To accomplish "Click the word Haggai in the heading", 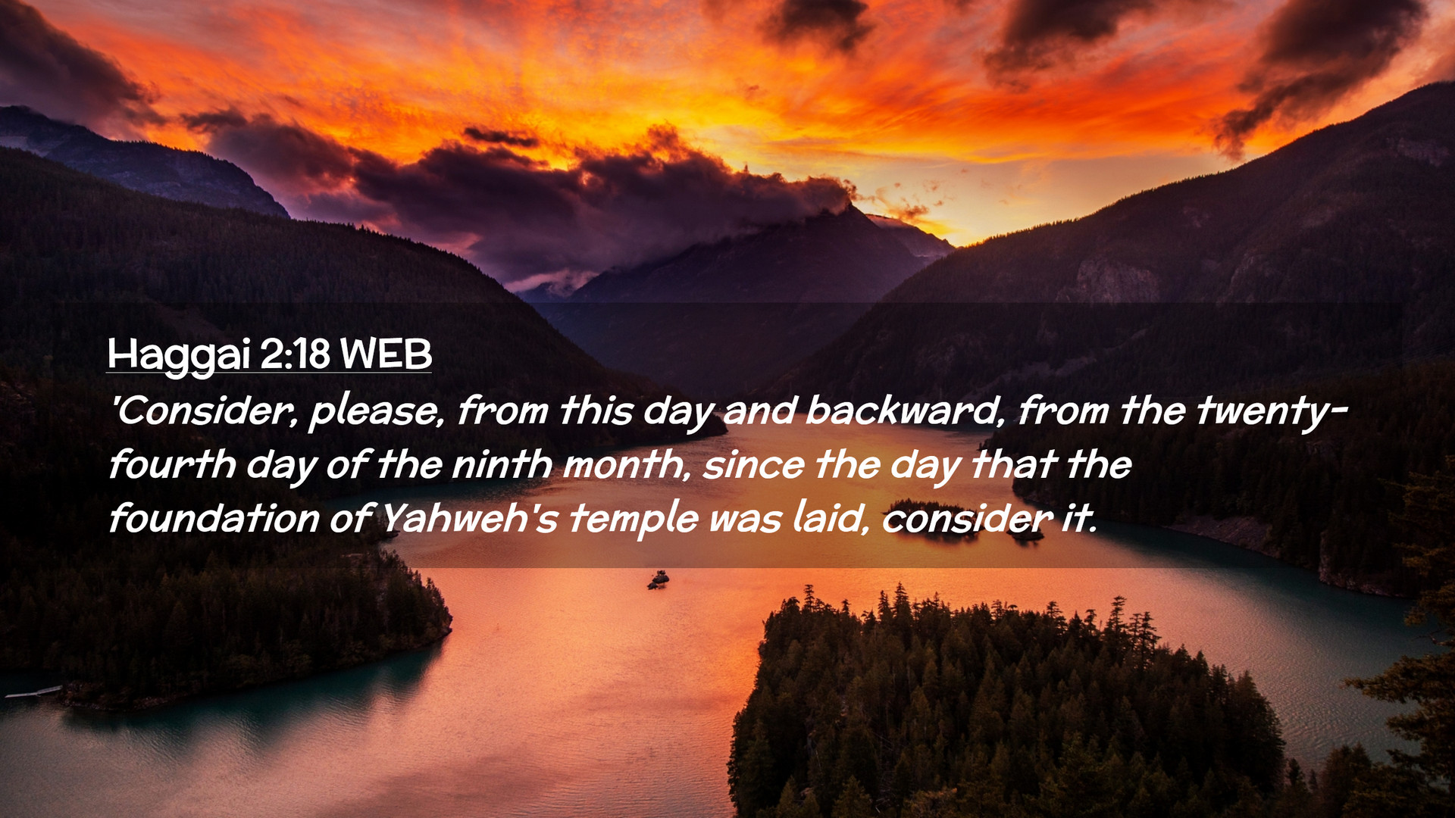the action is (x=179, y=354).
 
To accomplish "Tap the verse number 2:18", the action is (x=296, y=353).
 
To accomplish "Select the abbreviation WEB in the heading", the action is (x=386, y=353).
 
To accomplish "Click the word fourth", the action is (x=172, y=464).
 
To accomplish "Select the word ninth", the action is (x=502, y=464).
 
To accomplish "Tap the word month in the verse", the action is (x=627, y=464).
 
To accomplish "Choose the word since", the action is (x=753, y=464).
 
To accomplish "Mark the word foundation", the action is (x=214, y=518).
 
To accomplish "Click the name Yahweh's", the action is (x=469, y=518).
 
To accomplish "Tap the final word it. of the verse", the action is (x=1078, y=518).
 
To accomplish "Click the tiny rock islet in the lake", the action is (x=658, y=580).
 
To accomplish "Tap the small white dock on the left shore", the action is (x=33, y=692).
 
